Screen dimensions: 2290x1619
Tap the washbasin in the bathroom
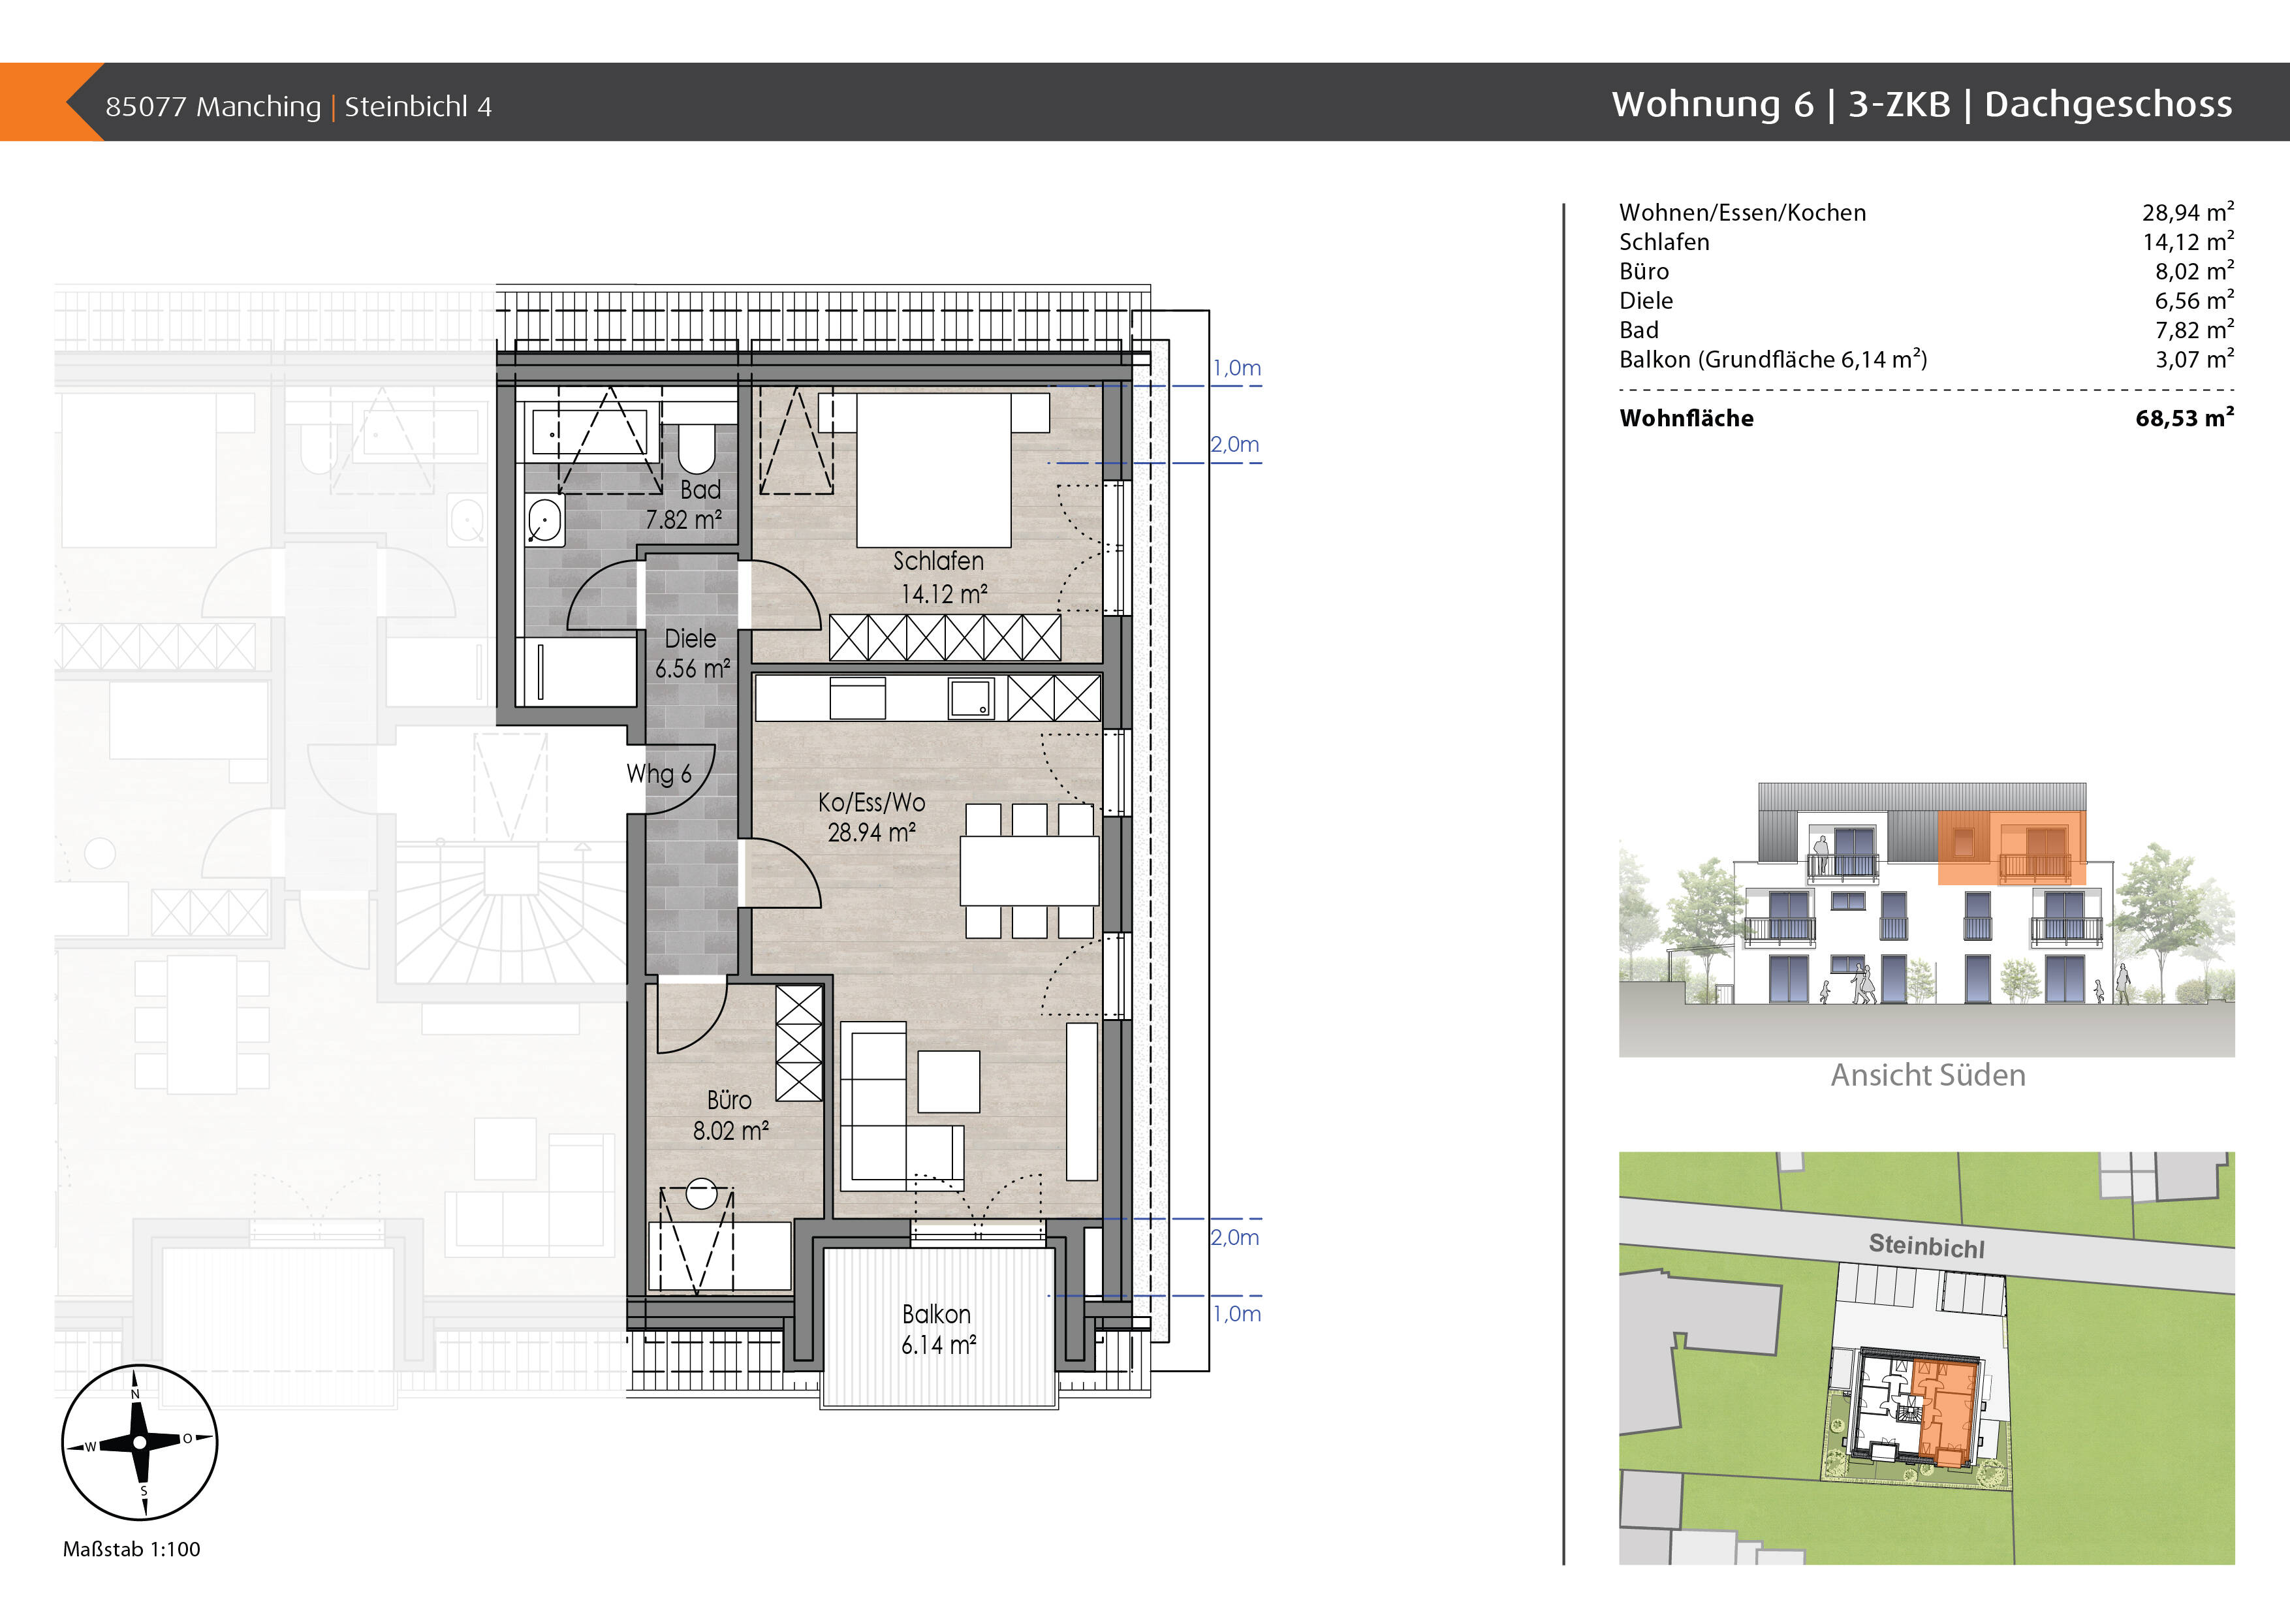pos(544,520)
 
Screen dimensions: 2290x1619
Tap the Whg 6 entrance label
pos(658,774)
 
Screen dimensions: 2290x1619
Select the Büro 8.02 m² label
pos(730,1115)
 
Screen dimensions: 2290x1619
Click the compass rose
pos(140,1441)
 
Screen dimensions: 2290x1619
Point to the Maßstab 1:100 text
pos(132,1549)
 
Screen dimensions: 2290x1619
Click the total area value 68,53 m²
pos(2184,418)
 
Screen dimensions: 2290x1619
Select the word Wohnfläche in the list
pos(1686,418)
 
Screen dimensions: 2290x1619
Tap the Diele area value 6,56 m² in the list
pos(2194,300)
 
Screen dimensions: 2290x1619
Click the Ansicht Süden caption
pos(1928,1075)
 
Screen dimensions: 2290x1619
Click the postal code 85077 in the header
pos(146,106)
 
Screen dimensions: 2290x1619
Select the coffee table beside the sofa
pos(949,1081)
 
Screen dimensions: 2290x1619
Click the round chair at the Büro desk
pos(701,1194)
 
